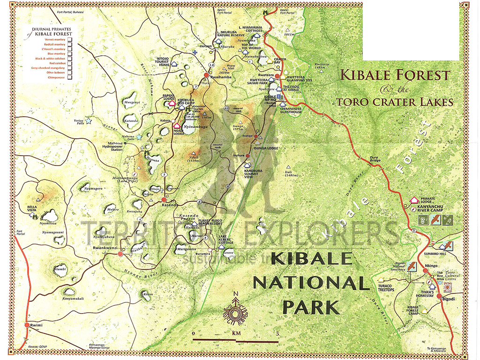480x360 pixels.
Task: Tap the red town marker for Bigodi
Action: pyautogui.click(x=439, y=296)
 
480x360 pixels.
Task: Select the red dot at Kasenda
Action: pyautogui.click(x=164, y=199)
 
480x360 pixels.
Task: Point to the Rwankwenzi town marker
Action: pyautogui.click(x=120, y=254)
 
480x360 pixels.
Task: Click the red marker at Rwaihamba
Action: pyautogui.click(x=205, y=75)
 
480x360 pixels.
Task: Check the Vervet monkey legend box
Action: pyautogui.click(x=69, y=40)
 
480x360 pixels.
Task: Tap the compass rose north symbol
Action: pyautogui.click(x=236, y=294)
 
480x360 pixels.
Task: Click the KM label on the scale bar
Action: pyautogui.click(x=236, y=334)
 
